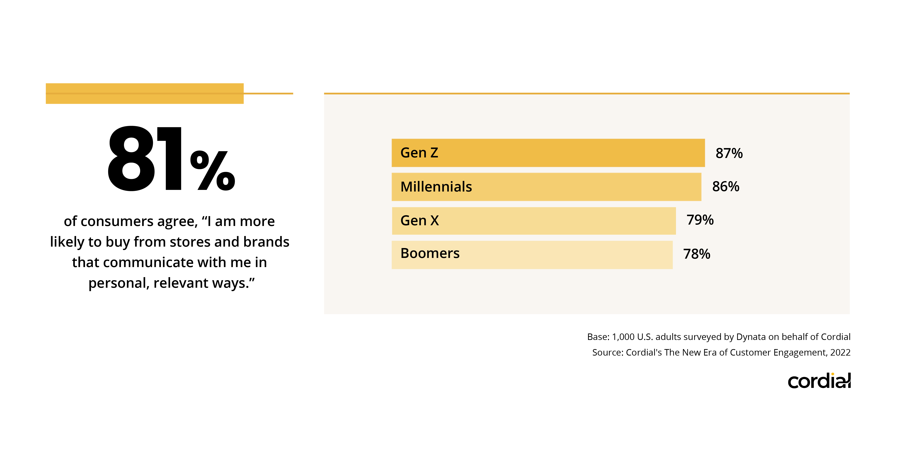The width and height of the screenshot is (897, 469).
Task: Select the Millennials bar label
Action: click(x=436, y=187)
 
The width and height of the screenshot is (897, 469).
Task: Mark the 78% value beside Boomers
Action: click(x=696, y=254)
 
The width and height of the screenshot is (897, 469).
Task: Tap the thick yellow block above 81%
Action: click(x=145, y=93)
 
